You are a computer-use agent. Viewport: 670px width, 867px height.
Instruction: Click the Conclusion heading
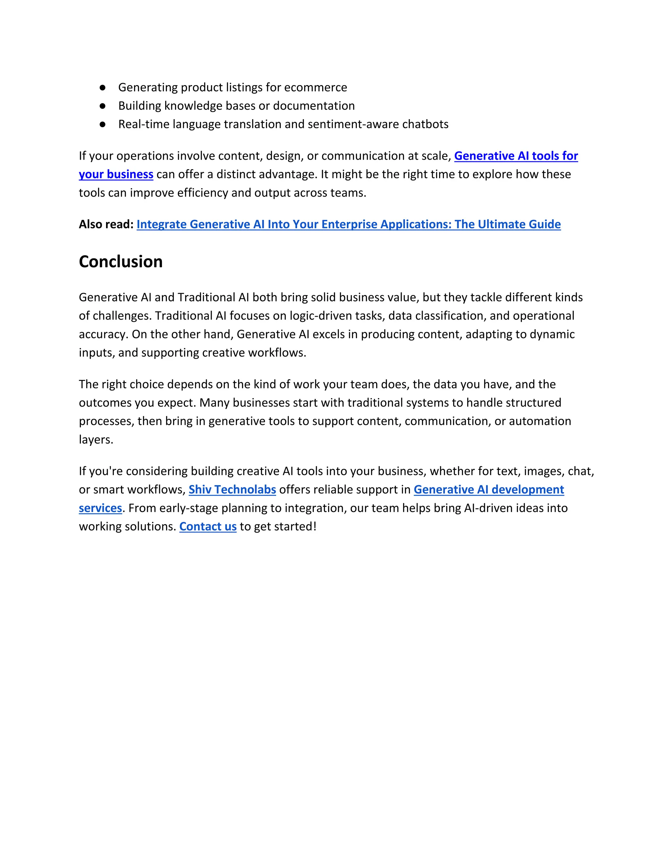[121, 262]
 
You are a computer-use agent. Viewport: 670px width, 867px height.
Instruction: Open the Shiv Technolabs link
[232, 489]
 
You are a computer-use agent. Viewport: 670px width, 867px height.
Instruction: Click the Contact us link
[208, 526]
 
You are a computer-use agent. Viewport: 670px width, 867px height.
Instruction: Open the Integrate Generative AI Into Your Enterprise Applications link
[348, 224]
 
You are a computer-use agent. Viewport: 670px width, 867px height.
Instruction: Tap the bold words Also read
[106, 224]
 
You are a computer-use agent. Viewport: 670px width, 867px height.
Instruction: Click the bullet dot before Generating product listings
[102, 87]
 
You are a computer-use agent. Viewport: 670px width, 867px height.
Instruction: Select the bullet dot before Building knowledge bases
[102, 106]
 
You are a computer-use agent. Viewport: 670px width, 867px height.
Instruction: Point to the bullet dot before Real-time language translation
[102, 124]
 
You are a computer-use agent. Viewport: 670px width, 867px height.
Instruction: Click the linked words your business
[116, 174]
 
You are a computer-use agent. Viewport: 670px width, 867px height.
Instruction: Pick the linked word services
[100, 508]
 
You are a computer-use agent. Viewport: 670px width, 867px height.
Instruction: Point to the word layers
[95, 440]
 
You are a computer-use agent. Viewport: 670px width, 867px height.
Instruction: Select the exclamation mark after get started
[315, 526]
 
